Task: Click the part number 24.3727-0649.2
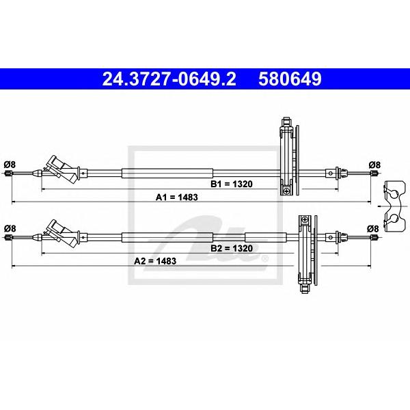pyautogui.click(x=169, y=79)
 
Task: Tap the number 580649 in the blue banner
pyautogui.click(x=290, y=79)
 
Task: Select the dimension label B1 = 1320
pyautogui.click(x=232, y=184)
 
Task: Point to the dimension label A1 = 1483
pyautogui.click(x=177, y=197)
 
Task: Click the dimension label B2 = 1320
pyautogui.click(x=232, y=248)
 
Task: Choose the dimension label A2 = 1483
pyautogui.click(x=155, y=261)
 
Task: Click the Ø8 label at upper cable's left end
pyautogui.click(x=10, y=165)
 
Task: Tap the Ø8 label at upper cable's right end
pyautogui.click(x=374, y=165)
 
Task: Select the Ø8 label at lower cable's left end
pyautogui.click(x=10, y=228)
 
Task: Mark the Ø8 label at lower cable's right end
pyautogui.click(x=372, y=229)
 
